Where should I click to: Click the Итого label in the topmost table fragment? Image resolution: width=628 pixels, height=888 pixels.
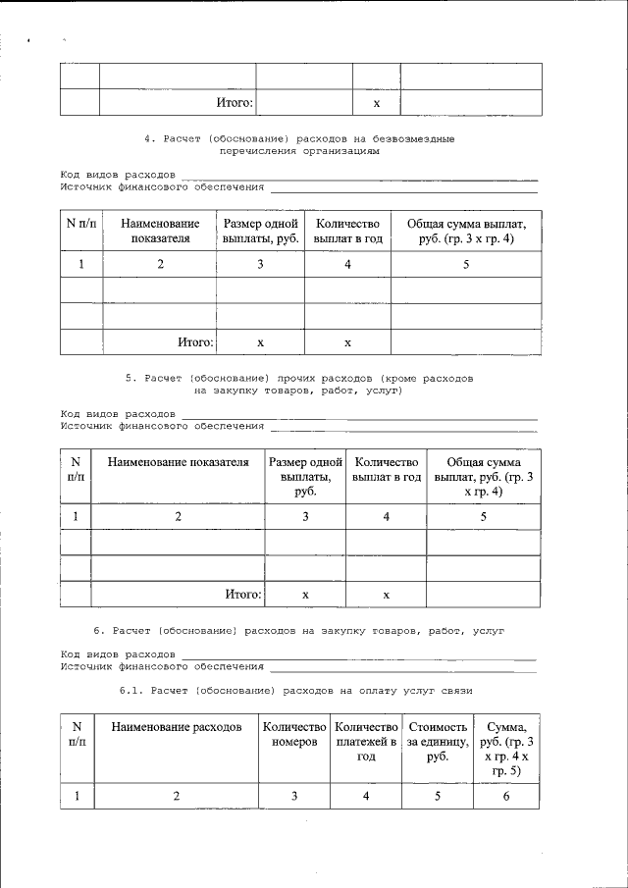[235, 102]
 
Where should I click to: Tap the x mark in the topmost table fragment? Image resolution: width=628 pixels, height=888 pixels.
[377, 103]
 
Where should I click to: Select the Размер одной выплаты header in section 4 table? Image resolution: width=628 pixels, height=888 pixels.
[260, 231]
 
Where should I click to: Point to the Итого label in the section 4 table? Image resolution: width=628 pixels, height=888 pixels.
[195, 342]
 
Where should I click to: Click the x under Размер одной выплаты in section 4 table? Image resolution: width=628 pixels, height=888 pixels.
[260, 342]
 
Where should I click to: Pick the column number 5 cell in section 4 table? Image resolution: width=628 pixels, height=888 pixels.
[466, 264]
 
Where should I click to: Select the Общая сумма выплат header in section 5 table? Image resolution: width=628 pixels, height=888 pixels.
[484, 477]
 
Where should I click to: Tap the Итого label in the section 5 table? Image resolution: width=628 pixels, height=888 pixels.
[243, 594]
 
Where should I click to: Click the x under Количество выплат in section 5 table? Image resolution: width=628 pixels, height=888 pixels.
[387, 595]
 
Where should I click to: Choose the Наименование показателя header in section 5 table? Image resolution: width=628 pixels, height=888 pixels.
[178, 462]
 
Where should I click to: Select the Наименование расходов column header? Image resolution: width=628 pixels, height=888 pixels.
[177, 727]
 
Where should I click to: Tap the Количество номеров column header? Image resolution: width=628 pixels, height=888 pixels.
[294, 735]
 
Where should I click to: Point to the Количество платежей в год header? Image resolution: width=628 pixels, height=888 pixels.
[366, 742]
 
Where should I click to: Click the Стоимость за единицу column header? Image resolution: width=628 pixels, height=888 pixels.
[438, 742]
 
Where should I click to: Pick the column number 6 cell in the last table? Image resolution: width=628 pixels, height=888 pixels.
[506, 796]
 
